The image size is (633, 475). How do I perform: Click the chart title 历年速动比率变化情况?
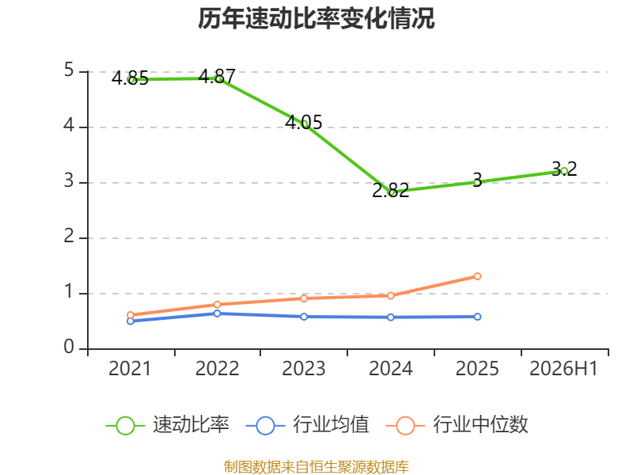(316, 18)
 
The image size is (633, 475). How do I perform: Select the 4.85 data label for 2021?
(130, 78)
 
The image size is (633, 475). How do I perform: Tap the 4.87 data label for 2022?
(217, 76)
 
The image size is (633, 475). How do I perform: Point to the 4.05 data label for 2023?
(304, 122)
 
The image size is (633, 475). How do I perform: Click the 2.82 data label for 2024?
(390, 190)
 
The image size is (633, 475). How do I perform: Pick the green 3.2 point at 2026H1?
(564, 171)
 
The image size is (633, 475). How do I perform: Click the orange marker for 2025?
(477, 276)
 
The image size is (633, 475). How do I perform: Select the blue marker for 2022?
(217, 313)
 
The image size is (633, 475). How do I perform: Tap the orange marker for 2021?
(130, 315)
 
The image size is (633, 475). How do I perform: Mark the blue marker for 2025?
(477, 317)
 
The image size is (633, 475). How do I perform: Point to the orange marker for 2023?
(304, 298)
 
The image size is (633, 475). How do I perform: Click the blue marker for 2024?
(390, 317)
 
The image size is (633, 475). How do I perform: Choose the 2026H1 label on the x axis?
(563, 369)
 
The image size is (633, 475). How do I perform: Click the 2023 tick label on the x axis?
(304, 369)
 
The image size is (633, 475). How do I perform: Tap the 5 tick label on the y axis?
(69, 70)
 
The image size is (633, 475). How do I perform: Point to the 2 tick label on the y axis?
(69, 236)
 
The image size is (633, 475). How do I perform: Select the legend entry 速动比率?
(167, 425)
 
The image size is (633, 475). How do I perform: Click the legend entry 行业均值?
(307, 425)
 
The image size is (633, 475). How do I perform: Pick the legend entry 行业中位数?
(457, 425)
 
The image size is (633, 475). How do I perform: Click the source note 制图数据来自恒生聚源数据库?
(316, 467)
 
